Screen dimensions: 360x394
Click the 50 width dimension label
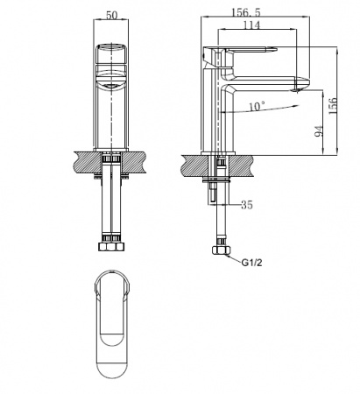coord(111,15)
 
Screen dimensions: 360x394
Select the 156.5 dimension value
coord(246,12)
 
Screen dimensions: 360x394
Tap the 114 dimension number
coord(251,25)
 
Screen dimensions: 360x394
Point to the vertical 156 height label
coord(333,106)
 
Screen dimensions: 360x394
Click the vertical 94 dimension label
coord(319,131)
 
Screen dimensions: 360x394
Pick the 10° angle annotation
coord(257,106)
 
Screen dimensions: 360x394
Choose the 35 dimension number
coord(247,205)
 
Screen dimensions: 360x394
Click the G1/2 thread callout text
coord(251,263)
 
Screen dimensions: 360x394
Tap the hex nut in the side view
coord(222,250)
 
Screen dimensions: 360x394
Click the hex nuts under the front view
coord(111,247)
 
